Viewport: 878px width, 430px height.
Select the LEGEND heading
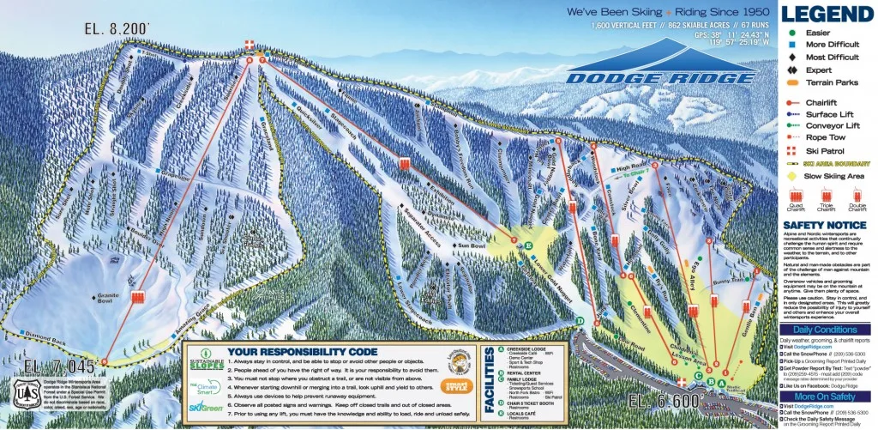tap(827, 15)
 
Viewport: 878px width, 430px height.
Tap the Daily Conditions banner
tap(827, 330)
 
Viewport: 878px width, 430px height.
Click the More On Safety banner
tap(827, 396)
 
